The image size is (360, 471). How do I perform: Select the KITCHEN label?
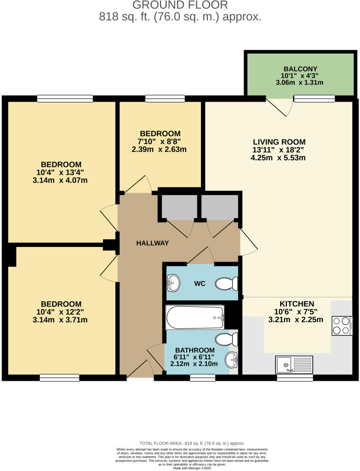point(297,304)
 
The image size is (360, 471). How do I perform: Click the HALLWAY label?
point(153,243)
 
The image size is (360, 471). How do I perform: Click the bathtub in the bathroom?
point(195,317)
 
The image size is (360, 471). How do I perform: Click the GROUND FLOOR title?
point(180,6)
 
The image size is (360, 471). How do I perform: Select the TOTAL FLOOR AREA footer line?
point(180,443)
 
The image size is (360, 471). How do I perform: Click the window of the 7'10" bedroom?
point(165,98)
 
